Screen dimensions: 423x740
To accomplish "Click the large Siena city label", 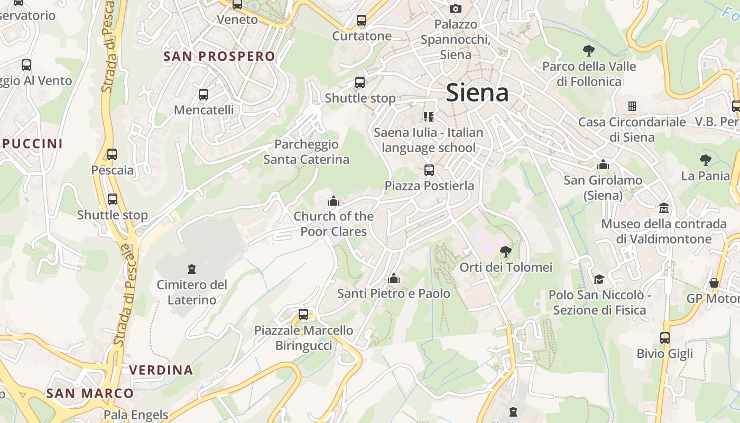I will click(477, 93).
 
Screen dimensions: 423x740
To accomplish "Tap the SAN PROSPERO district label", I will click(219, 57).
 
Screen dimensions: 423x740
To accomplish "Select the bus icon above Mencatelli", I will click(203, 95).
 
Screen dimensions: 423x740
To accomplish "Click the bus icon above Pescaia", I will click(112, 154).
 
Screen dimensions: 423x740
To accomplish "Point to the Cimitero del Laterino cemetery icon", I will click(192, 269).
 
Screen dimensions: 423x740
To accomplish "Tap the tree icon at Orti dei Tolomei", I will click(506, 252).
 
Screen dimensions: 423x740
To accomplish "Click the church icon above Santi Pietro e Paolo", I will click(393, 278).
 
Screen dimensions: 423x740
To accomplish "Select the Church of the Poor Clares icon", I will click(334, 201).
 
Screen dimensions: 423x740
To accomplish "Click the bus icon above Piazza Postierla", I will click(429, 170).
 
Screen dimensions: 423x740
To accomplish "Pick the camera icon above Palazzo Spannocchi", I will click(455, 8).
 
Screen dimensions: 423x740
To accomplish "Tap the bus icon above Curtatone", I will click(362, 21).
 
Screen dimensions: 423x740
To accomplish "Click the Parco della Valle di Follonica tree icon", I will click(589, 51).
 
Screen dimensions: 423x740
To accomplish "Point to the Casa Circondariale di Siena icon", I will click(632, 106).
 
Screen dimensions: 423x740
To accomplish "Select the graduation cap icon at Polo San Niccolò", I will click(599, 279).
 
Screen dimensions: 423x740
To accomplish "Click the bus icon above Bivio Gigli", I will click(665, 338).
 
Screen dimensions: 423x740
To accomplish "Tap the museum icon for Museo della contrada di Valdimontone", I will click(664, 208).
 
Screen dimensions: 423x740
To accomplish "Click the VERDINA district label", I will click(161, 370).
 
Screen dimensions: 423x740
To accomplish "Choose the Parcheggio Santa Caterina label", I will click(307, 152).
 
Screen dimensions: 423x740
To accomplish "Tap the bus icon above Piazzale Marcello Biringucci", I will click(303, 315).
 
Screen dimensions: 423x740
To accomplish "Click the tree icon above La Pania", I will click(705, 160).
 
